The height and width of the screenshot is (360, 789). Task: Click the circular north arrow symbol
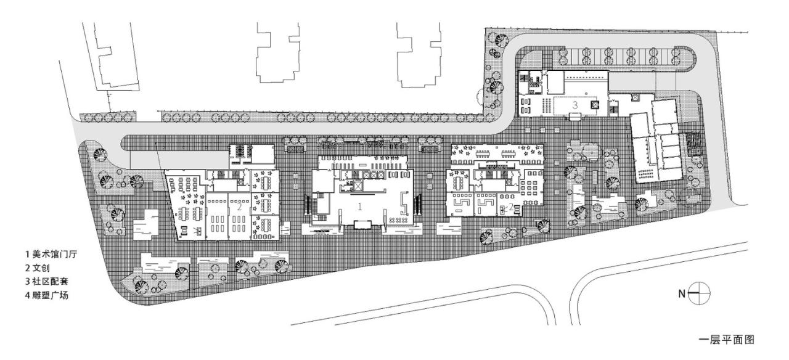click(701, 293)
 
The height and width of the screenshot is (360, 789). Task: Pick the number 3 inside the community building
click(574, 105)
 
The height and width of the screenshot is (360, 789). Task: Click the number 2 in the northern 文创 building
click(239, 207)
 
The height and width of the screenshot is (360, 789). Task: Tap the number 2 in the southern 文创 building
click(510, 206)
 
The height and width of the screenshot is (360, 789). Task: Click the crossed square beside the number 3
click(595, 105)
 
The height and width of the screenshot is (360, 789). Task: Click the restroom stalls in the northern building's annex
click(240, 151)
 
